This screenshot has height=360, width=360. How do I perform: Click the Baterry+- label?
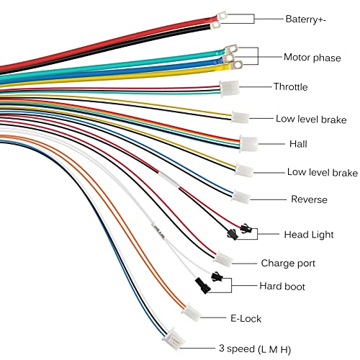pyautogui.click(x=306, y=19)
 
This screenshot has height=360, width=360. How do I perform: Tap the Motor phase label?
pyautogui.click(x=312, y=58)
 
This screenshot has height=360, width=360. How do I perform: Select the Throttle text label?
pyautogui.click(x=291, y=86)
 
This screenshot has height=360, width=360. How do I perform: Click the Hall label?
pyautogui.click(x=298, y=144)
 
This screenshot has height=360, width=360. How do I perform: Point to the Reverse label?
pyautogui.click(x=309, y=199)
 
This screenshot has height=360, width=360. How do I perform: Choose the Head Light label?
pyautogui.click(x=309, y=235)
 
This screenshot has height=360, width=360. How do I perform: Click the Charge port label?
pyautogui.click(x=288, y=264)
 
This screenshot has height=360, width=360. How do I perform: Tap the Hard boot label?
pyautogui.click(x=282, y=286)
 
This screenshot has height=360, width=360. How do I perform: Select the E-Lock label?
pyautogui.click(x=246, y=318)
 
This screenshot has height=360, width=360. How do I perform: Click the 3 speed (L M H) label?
pyautogui.click(x=255, y=349)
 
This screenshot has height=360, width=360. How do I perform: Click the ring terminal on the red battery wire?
pyautogui.click(x=222, y=17)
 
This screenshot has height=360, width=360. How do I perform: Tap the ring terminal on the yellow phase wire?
pyautogui.click(x=236, y=65)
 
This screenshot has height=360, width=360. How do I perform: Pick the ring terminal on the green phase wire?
pyautogui.click(x=231, y=49)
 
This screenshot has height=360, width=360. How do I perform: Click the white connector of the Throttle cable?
pyautogui.click(x=230, y=89)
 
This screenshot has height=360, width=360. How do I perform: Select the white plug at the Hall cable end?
pyautogui.click(x=249, y=144)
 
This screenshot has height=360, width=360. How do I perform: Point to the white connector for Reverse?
pyautogui.click(x=241, y=197)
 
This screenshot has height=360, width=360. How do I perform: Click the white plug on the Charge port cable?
pyautogui.click(x=223, y=259)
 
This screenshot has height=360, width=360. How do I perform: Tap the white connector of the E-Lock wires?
pyautogui.click(x=192, y=312)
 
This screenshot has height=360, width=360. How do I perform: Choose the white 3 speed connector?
pyautogui.click(x=174, y=339)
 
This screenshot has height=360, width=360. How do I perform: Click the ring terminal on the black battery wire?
pyautogui.click(x=215, y=25)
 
